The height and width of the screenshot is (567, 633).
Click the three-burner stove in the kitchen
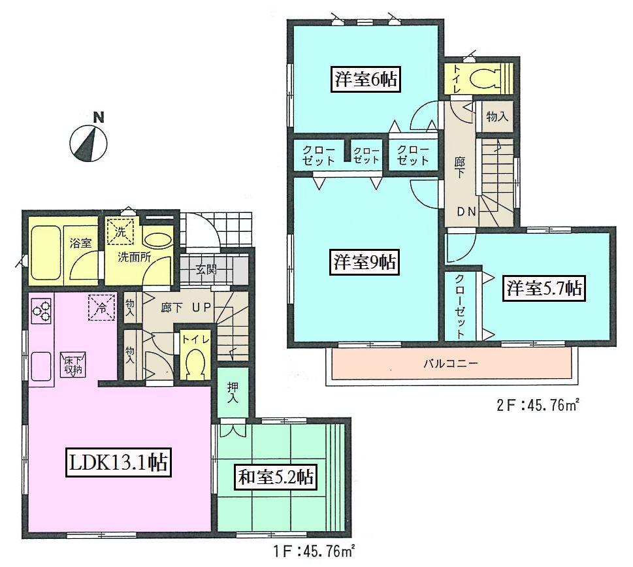(x=41, y=312)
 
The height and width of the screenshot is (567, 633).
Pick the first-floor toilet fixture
(x=193, y=363)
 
